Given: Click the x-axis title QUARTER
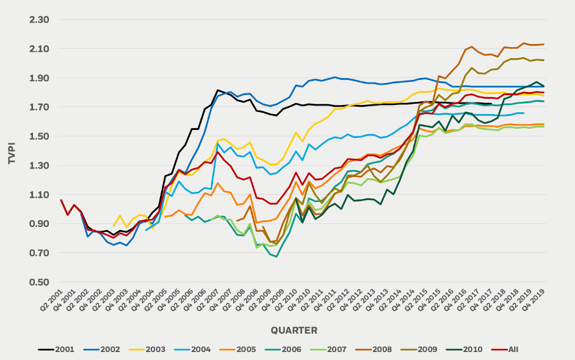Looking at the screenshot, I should pyautogui.click(x=294, y=330).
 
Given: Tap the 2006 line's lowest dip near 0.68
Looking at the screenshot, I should pyautogui.click(x=277, y=256).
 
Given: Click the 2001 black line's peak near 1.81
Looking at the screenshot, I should pyautogui.click(x=218, y=90).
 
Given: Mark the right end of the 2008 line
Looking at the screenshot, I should pyautogui.click(x=544, y=44).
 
